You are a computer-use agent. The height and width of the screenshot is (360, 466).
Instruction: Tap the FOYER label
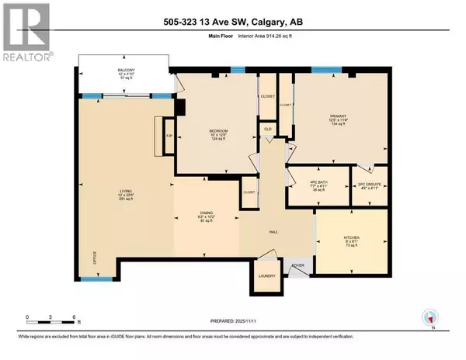click(x=297, y=265)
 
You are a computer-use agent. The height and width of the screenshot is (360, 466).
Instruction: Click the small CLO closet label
click(x=266, y=129)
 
